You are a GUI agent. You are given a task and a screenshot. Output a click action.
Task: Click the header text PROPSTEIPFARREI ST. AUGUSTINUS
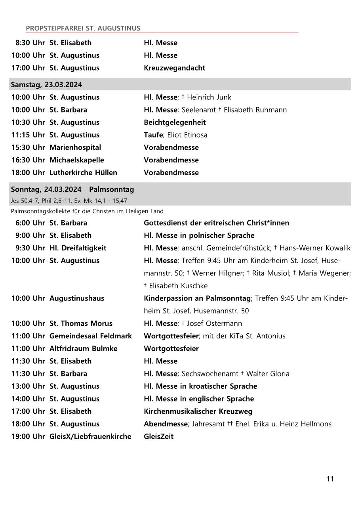tap(83, 28)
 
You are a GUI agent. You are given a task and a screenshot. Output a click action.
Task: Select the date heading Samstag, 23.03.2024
tap(46, 84)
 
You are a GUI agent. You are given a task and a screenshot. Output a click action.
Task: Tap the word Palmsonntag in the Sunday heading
tap(112, 189)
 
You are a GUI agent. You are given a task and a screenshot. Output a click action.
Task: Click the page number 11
tap(330, 479)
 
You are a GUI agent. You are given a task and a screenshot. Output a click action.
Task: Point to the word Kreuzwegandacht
tap(174, 68)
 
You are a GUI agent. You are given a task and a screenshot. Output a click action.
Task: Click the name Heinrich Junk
tap(209, 97)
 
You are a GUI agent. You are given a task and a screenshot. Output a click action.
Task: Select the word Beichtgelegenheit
tap(175, 122)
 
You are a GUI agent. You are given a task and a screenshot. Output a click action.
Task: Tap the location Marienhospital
tap(75, 147)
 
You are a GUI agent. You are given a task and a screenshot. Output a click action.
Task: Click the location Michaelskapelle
tap(77, 160)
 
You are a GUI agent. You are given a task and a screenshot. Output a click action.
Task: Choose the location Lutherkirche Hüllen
tap(83, 172)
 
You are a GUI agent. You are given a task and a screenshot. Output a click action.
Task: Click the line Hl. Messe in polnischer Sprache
tap(199, 235)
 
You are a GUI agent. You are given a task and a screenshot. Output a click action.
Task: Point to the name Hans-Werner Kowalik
tap(315, 248)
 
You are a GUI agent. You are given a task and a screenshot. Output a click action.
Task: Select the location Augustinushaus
tap(77, 298)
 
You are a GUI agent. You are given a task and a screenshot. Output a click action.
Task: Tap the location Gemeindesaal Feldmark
tap(91, 336)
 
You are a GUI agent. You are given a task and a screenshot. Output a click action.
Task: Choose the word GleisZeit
tap(158, 436)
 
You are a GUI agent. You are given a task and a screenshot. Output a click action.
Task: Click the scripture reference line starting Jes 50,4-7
tap(69, 201)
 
